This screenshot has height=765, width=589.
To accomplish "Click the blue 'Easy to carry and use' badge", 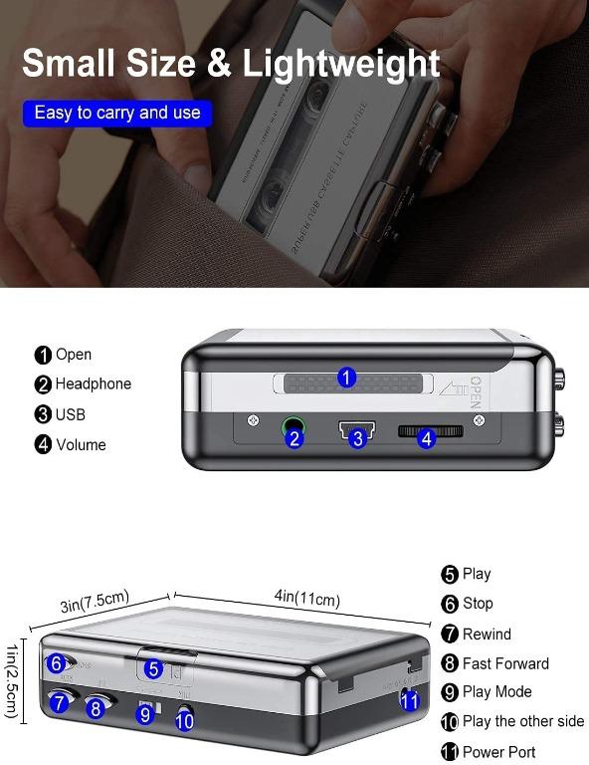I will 117,113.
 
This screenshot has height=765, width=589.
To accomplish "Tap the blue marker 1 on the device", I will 346,378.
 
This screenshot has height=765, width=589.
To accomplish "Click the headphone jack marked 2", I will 294,436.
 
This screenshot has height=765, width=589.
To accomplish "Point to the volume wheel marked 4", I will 425,436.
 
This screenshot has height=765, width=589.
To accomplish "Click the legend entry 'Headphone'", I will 93,384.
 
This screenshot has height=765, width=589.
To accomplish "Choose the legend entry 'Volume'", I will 80,445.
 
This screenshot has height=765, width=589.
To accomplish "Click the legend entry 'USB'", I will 70,414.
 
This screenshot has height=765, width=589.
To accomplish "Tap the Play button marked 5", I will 153,669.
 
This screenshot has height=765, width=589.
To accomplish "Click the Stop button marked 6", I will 57,663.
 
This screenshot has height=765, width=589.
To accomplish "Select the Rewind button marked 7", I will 59,703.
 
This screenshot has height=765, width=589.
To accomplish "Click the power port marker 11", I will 408,700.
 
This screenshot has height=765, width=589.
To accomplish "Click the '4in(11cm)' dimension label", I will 306,599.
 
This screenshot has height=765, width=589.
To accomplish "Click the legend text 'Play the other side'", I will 522,721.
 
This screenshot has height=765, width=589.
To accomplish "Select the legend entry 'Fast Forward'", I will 504,663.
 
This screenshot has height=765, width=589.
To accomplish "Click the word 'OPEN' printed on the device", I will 475,391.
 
